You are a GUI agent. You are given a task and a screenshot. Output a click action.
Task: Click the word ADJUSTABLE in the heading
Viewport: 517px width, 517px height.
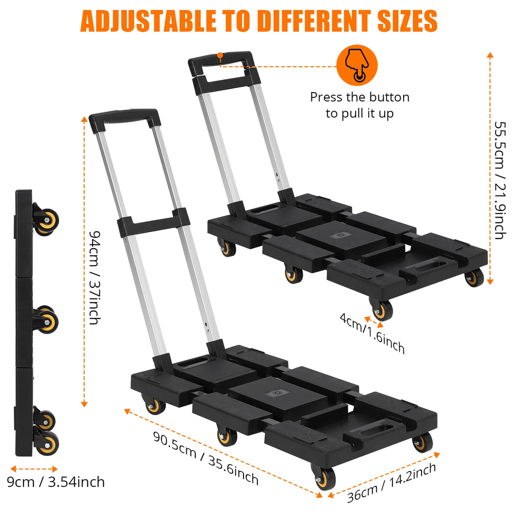coord(148,21)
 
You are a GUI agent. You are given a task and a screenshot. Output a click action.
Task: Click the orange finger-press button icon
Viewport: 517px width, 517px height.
coord(357,65)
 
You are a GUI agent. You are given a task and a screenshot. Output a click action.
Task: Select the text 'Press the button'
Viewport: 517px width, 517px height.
coord(360,97)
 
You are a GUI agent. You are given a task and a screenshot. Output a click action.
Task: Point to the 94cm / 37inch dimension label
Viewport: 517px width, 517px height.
coord(95,277)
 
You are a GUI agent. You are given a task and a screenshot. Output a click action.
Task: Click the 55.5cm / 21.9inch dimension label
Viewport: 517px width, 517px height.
coord(500,180)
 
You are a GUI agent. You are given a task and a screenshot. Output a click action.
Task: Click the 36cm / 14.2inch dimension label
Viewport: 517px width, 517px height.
coord(392,483)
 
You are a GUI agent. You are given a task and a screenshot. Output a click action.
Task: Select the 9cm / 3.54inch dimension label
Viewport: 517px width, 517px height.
coord(56,482)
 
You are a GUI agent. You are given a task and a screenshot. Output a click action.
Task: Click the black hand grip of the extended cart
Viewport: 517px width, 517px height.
coord(125,118)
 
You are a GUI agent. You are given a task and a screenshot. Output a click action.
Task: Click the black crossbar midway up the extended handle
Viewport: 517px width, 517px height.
coord(153,223)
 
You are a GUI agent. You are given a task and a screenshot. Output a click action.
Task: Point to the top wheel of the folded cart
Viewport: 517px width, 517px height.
coord(47,221)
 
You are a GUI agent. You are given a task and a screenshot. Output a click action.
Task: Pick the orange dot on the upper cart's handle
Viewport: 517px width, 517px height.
coord(220,56)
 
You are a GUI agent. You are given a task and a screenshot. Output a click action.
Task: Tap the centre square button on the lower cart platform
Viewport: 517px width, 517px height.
coord(278,393)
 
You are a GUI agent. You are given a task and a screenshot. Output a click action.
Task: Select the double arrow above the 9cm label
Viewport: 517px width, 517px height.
coord(34,469)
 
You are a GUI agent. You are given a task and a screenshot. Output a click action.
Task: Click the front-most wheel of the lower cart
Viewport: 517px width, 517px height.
coord(323,478)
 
